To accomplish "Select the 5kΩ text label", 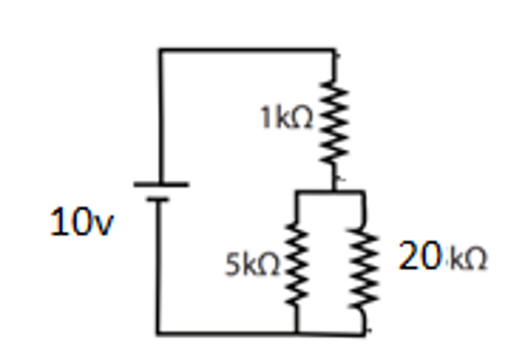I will [251, 265].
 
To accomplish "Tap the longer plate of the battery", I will [160, 184].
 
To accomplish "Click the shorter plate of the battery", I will [160, 201].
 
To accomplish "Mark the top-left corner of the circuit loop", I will [160, 51].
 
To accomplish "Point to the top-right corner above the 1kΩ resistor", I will [334, 51].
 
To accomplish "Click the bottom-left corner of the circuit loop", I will [160, 332].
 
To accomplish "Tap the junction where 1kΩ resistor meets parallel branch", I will [334, 192].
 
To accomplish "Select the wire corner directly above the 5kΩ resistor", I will [296, 192].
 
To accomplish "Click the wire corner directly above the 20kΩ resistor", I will [364, 192].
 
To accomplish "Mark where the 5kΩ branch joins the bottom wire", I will [296, 332].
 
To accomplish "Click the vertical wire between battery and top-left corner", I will [160, 115].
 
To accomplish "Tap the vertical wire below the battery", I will [160, 267].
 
